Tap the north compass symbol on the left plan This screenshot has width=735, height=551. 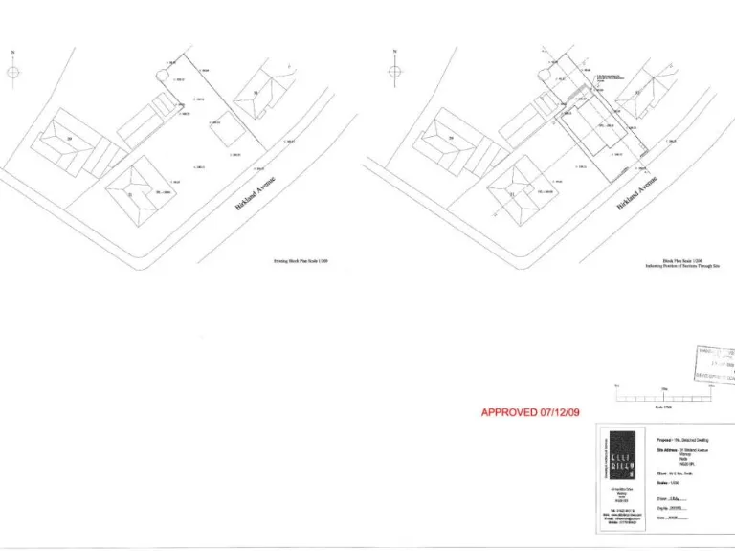pos(12,72)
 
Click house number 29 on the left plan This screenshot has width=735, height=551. pos(70,139)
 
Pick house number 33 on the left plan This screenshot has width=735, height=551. pos(256,93)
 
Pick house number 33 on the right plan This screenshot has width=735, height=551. pos(637,93)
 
